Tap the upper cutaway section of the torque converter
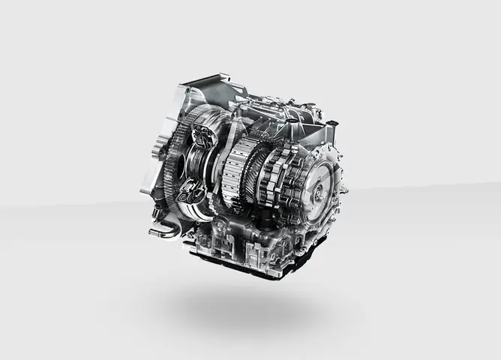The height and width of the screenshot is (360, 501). (204, 139)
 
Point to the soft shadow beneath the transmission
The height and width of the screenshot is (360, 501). (240, 307)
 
